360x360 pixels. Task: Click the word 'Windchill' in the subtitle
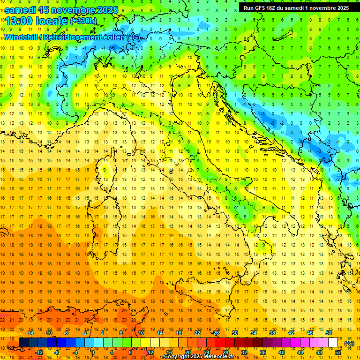tap(22, 37)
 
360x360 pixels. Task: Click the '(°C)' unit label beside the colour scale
tap(349, 343)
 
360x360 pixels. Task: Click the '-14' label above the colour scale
tap(30, 333)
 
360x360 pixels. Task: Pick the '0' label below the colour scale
tap(93, 352)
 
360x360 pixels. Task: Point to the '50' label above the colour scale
tap(328, 333)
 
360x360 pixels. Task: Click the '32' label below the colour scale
tap(244, 352)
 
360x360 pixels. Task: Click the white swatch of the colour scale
tap(333, 343)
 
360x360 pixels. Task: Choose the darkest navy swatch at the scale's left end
tap(23, 343)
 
